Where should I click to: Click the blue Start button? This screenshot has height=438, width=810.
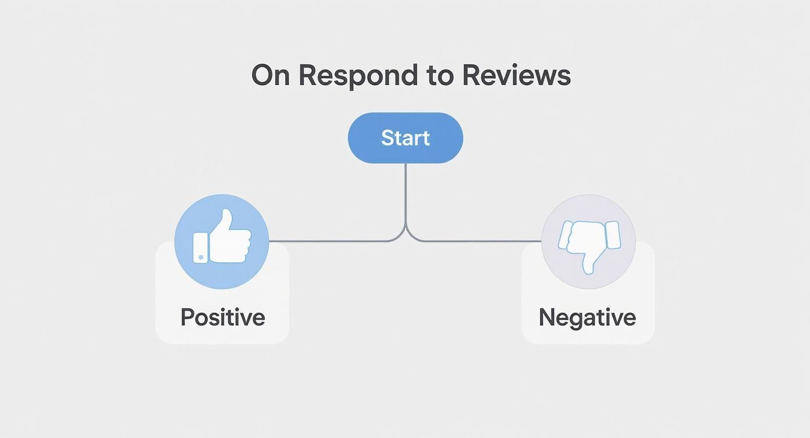(x=405, y=138)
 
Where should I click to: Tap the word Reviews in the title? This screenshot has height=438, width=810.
(x=516, y=76)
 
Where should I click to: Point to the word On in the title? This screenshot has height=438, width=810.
(x=270, y=76)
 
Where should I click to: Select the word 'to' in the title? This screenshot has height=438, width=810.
(x=441, y=76)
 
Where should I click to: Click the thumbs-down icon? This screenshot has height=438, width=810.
(x=588, y=241)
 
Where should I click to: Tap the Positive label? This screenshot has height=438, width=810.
(x=222, y=317)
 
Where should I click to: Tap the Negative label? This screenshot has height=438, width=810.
(x=587, y=317)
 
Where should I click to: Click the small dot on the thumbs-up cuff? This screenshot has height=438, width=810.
(x=201, y=257)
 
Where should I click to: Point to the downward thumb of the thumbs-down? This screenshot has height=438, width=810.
(x=589, y=265)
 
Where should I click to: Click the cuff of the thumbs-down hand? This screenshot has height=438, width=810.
(x=612, y=235)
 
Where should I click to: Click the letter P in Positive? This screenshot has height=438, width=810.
(x=187, y=317)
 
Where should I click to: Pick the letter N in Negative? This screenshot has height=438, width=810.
(x=546, y=317)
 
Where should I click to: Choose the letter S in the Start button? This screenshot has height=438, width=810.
(x=388, y=138)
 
